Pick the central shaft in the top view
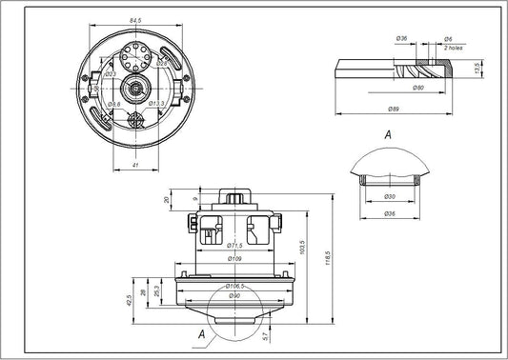click(138, 89)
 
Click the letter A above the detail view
click(388, 135)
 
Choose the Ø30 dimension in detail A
click(389, 196)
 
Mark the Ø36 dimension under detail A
click(389, 214)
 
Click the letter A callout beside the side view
click(201, 333)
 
